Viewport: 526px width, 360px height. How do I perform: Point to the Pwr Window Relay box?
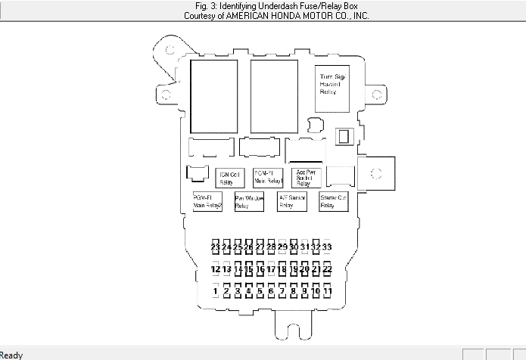(x=249, y=202)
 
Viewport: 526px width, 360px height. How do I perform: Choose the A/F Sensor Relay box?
(x=291, y=202)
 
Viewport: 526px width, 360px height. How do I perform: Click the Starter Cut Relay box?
(x=333, y=202)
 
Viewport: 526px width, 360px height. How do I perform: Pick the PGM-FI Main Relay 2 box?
(x=207, y=202)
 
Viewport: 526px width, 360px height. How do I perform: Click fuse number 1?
(x=216, y=290)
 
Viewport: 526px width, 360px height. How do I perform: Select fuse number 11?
(x=327, y=290)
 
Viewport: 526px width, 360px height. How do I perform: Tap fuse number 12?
(x=216, y=269)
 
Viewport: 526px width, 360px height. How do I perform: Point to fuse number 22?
(x=327, y=269)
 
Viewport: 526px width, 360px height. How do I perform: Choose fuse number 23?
(x=216, y=247)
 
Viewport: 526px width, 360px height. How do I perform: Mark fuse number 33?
(x=327, y=247)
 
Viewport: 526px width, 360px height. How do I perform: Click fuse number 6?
(x=271, y=290)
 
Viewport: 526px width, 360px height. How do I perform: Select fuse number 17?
(x=271, y=269)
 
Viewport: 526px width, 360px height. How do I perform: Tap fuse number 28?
(x=271, y=247)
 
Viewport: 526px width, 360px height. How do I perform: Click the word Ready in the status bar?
(x=11, y=354)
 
